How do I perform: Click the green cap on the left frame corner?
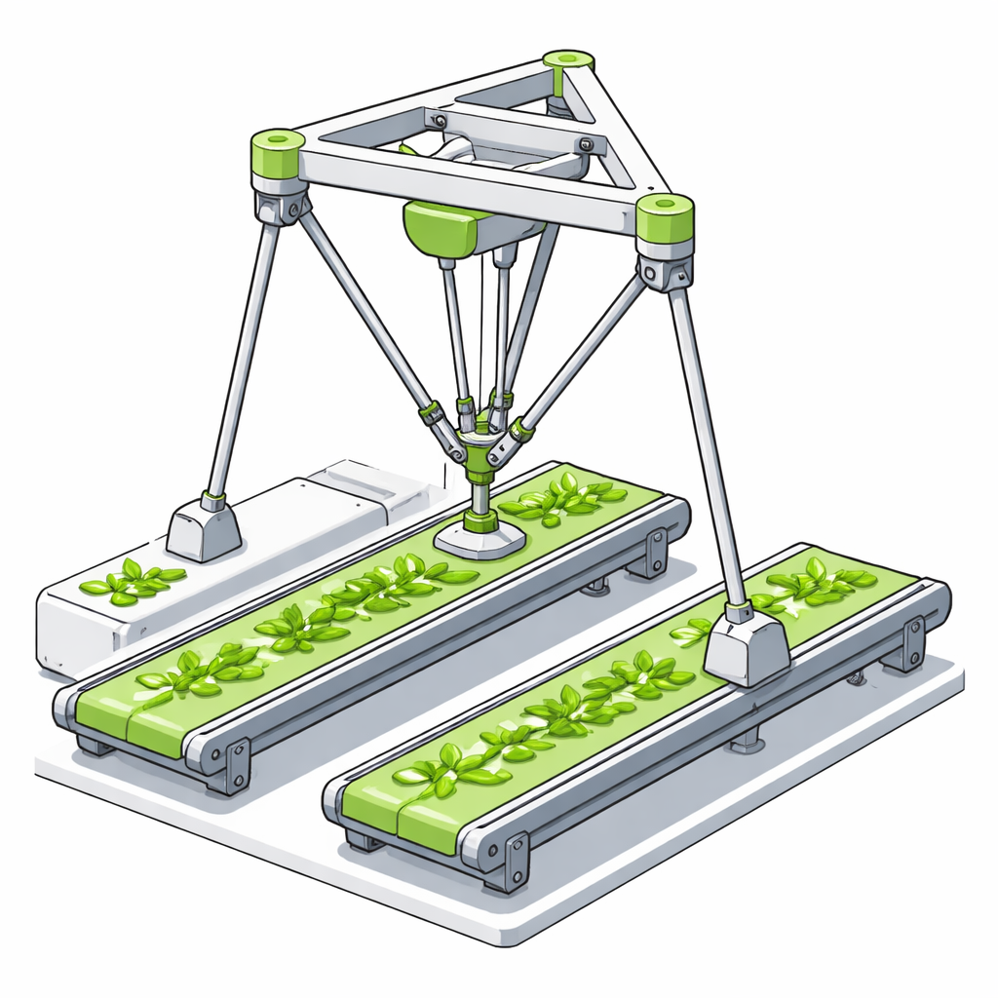point(278,153)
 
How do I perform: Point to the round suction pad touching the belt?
point(480,538)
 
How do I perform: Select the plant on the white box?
point(132,581)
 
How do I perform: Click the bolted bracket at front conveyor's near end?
point(512,858)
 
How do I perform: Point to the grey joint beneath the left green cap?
point(282,205)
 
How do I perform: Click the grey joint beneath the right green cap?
point(665,270)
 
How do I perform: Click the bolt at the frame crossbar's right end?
point(585,145)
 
